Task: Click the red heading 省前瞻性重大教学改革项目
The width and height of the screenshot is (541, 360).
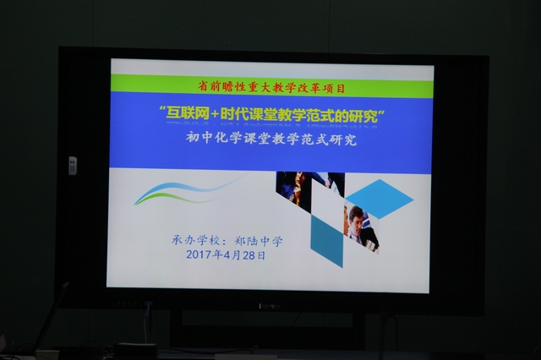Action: [x=271, y=87]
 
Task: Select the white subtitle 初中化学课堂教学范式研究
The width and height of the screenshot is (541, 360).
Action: [x=271, y=139]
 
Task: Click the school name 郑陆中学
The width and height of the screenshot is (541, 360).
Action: [x=259, y=241]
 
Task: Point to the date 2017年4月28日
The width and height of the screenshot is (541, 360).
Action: [x=226, y=255]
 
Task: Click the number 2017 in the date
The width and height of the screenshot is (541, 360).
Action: [x=199, y=255]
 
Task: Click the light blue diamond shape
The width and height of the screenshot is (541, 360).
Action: [x=380, y=199]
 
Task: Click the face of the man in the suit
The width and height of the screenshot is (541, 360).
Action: [x=355, y=216]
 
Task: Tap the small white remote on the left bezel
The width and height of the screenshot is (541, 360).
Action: [x=73, y=166]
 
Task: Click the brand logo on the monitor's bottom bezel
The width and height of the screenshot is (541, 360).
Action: [x=270, y=306]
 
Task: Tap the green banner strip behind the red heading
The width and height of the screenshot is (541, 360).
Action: [x=272, y=86]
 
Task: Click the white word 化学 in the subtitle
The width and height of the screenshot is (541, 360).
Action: [x=228, y=139]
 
